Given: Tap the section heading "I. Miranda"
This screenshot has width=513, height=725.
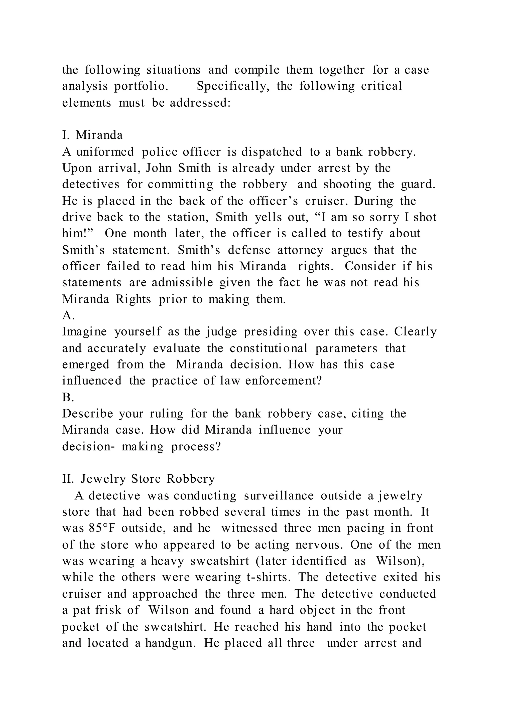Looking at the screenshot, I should (x=92, y=135).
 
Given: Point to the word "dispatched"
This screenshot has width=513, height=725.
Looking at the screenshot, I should (x=272, y=152).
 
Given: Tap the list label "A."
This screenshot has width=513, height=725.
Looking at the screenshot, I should (x=68, y=315).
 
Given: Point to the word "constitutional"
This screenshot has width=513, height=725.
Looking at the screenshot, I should (x=269, y=348).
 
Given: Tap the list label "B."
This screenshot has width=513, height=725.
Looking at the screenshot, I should (x=68, y=397).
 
